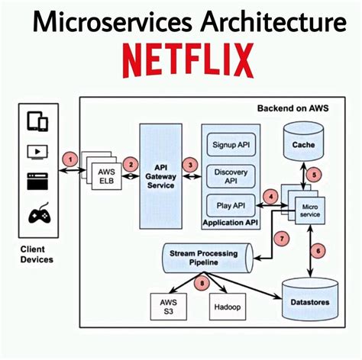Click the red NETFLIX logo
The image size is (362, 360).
click(188, 60)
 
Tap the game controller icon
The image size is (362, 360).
click(39, 214)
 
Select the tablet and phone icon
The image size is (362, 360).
click(37, 121)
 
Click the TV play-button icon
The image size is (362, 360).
click(37, 152)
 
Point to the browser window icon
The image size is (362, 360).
click(37, 181)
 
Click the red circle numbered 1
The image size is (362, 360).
click(70, 160)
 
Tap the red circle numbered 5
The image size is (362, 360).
click(314, 175)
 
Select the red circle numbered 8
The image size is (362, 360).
click(202, 283)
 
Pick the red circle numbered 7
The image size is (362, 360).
click(282, 239)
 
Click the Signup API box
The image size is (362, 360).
click(231, 145)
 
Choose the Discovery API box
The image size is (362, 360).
click(231, 176)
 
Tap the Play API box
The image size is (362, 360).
click(231, 205)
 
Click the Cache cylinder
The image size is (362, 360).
click(303, 141)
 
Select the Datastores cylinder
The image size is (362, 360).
click(310, 299)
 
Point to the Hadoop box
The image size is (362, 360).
click(228, 307)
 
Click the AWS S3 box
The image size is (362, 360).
click(169, 307)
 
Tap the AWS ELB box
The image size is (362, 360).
click(106, 176)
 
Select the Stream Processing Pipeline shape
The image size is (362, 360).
click(208, 258)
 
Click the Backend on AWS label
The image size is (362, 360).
click(293, 108)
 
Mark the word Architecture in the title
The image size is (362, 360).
click(273, 21)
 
